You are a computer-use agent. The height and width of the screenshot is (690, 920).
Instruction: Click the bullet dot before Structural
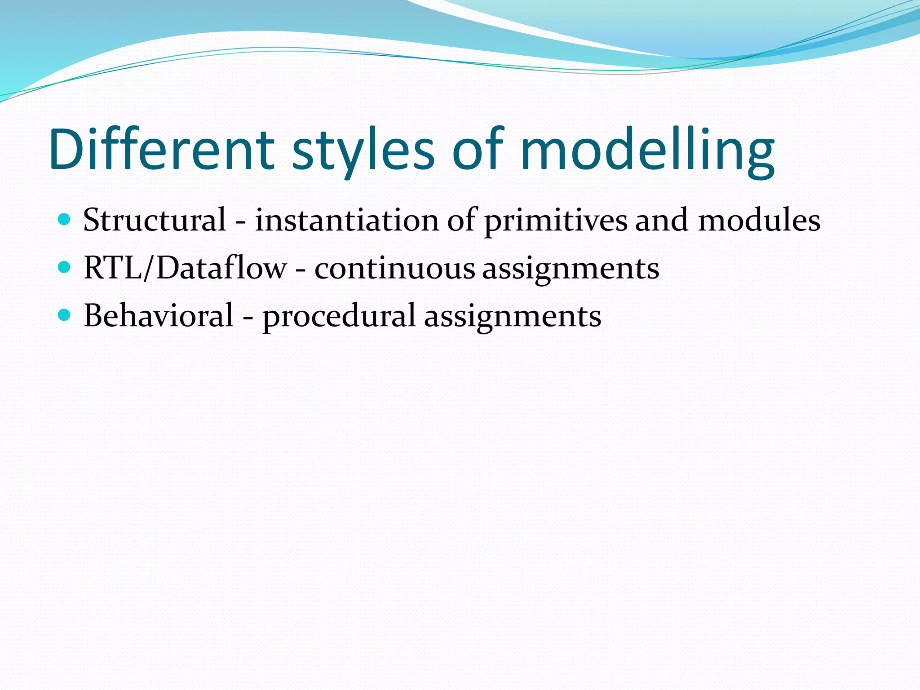pos(65,220)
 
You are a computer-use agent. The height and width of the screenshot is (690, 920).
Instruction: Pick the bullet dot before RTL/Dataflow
pos(65,268)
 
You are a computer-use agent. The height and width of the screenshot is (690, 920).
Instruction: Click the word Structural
pos(155,220)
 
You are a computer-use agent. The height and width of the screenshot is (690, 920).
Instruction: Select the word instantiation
pos(347,220)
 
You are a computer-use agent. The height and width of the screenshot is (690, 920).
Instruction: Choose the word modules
pos(759,220)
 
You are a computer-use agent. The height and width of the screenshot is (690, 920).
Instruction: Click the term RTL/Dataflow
pos(185,268)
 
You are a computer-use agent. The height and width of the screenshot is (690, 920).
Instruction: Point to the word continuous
pos(394,268)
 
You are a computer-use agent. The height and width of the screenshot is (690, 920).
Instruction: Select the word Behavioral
pos(159,315)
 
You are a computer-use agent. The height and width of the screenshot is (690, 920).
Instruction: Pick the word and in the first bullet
pos(661,220)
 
